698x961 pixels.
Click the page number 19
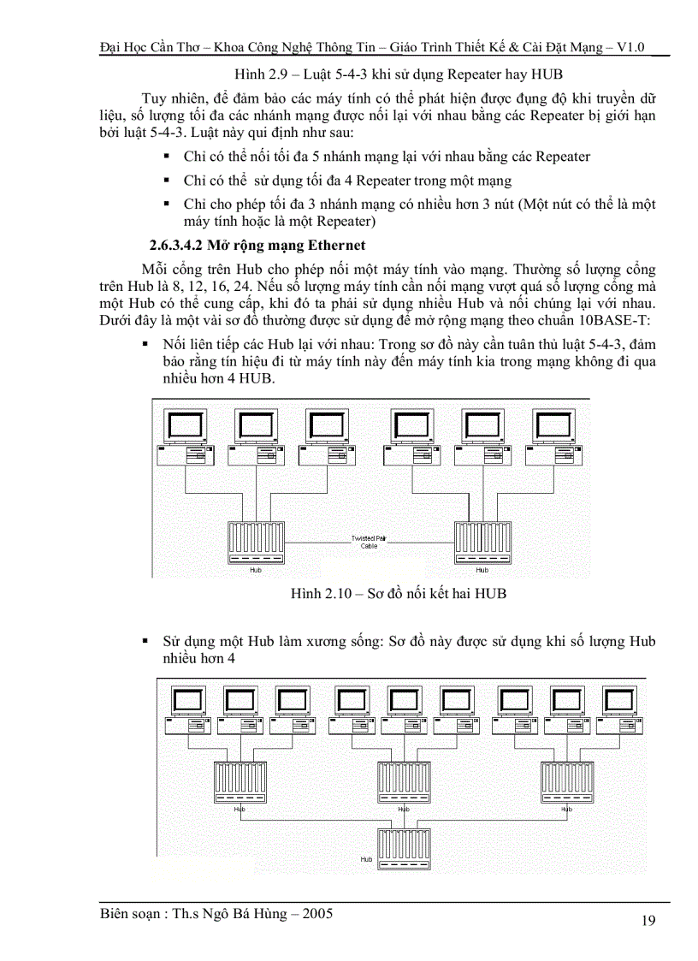pyautogui.click(x=648, y=921)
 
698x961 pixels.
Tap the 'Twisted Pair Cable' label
pyautogui.click(x=369, y=541)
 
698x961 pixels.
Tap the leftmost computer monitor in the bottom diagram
pyautogui.click(x=188, y=702)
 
